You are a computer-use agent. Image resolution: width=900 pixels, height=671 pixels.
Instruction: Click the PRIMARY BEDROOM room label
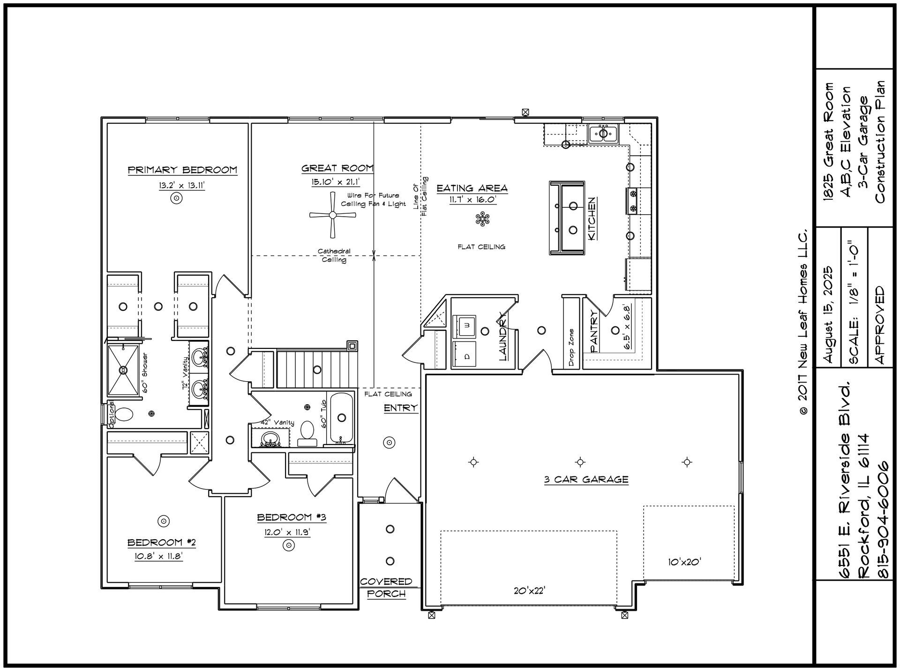[x=182, y=170]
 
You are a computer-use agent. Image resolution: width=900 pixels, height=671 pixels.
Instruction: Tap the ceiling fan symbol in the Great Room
[x=332, y=215]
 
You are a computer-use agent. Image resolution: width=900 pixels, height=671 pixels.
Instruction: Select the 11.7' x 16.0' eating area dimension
[x=472, y=200]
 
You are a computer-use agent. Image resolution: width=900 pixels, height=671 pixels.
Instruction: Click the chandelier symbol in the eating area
[x=482, y=219]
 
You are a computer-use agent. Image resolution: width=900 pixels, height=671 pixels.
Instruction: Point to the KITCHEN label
[x=592, y=219]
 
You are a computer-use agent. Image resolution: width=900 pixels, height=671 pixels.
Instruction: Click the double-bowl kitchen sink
[x=603, y=133]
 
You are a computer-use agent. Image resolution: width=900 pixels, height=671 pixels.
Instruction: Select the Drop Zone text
[x=571, y=347]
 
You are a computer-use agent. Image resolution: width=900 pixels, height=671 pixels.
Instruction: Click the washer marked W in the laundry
[x=466, y=325]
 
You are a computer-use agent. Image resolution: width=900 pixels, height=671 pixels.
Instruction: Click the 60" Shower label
[x=145, y=373]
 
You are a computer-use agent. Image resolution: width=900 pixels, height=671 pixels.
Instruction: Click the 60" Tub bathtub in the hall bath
[x=342, y=418]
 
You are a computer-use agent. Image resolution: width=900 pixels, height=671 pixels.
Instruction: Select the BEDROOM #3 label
[x=291, y=518]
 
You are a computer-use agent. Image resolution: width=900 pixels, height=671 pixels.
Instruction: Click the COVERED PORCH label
[x=386, y=588]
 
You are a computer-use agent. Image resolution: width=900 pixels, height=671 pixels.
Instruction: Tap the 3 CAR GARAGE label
[x=586, y=480]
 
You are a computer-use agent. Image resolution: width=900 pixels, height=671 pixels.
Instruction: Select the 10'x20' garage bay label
[x=684, y=562]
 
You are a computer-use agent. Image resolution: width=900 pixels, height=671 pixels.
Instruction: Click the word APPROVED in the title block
[x=879, y=325]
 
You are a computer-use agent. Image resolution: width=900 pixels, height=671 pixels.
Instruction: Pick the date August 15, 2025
[x=828, y=315]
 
